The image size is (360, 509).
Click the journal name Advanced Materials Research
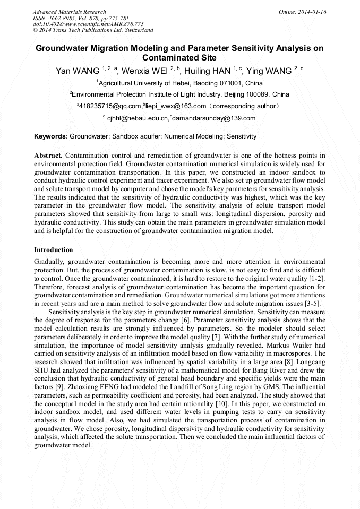pyautogui.click(x=69, y=12)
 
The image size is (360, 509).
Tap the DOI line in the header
pyautogui.click(x=88, y=24)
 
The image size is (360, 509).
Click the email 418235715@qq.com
pyautogui.click(x=110, y=106)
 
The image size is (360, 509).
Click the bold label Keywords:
pyautogui.click(x=51, y=136)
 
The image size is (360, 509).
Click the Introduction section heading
pyautogui.click(x=54, y=249)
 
